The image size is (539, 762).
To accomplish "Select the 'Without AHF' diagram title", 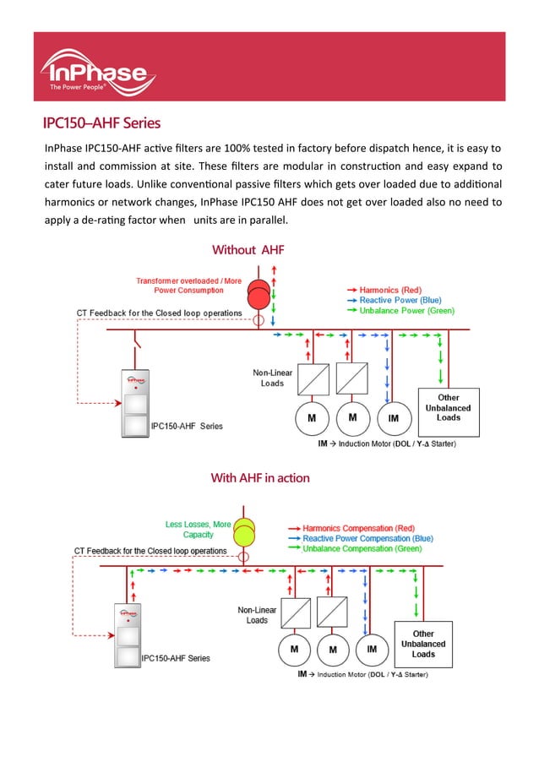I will [248, 249].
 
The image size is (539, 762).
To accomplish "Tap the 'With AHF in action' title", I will [259, 477].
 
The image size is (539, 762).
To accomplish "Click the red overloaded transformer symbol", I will [260, 295].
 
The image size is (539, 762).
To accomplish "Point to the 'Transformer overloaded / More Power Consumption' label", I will [188, 286].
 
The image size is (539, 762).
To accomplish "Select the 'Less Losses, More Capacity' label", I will [198, 529].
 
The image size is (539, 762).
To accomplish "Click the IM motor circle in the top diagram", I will [393, 417].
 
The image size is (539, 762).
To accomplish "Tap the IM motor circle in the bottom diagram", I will [371, 649].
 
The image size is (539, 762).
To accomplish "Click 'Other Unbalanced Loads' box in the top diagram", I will [449, 407].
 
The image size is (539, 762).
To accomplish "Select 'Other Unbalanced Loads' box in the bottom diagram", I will [423, 644].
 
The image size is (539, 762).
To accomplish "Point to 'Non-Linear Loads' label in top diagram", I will [271, 378].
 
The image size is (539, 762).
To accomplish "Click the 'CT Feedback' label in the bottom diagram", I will [150, 551].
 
